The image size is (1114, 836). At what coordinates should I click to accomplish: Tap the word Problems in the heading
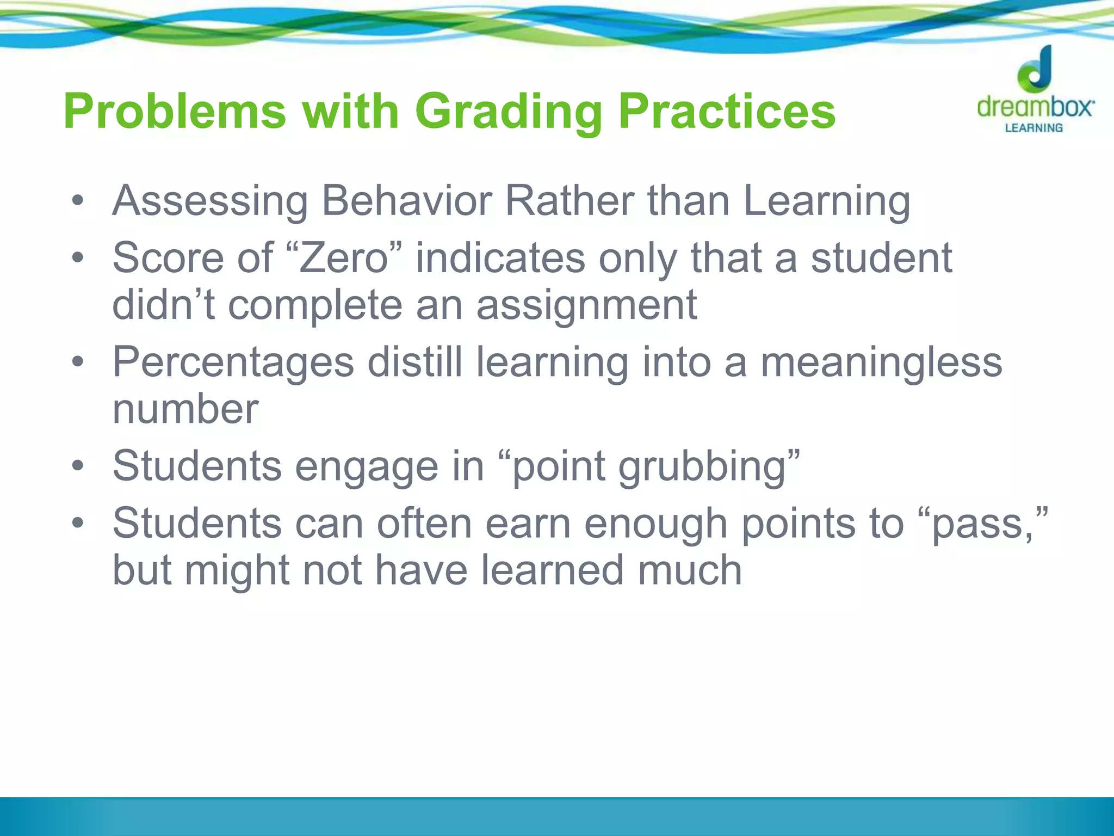click(x=175, y=112)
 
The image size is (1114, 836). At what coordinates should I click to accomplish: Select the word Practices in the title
click(x=726, y=112)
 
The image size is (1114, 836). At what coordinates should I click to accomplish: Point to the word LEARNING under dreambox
click(x=1033, y=128)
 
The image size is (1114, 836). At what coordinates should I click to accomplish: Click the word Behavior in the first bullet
click(x=406, y=201)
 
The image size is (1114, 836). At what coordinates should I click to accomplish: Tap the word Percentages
click(x=233, y=362)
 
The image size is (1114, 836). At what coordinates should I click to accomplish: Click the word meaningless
click(x=881, y=362)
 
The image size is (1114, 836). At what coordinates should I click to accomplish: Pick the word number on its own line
click(x=185, y=409)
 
